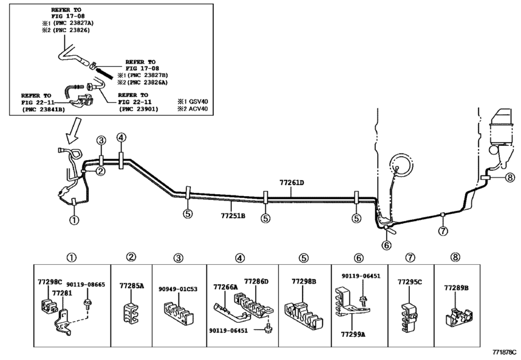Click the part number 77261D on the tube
[x=291, y=183]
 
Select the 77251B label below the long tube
[x=234, y=206]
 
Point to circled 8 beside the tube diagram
[x=509, y=177]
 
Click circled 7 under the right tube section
[x=442, y=231]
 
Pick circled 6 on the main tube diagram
[x=386, y=244]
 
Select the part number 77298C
[x=49, y=282]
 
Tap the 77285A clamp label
[x=131, y=285]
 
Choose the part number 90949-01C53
[x=178, y=289]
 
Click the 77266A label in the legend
[x=225, y=287]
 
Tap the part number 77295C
[x=409, y=282]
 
